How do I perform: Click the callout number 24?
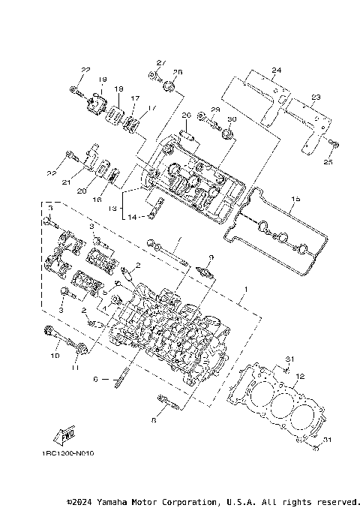[276, 71]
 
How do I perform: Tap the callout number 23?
[315, 97]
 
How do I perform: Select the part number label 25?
[327, 161]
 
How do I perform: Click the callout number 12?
[299, 376]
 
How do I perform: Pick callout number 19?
[102, 80]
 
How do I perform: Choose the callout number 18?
[118, 89]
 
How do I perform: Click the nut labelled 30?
[227, 135]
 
